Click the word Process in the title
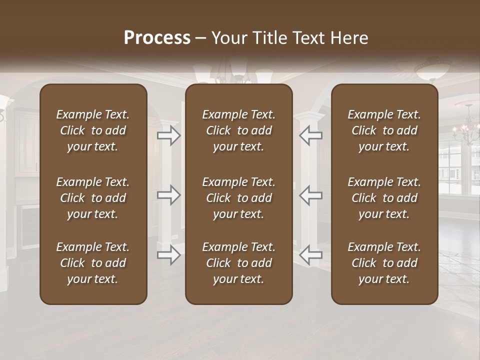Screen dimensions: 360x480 [157, 38]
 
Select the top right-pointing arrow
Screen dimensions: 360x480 [169, 135]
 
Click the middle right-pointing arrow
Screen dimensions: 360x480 [169, 195]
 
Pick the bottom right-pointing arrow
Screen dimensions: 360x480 [169, 255]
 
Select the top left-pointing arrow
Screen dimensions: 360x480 [310, 135]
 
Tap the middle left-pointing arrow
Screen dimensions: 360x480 [310, 195]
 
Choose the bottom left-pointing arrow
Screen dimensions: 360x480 [310, 255]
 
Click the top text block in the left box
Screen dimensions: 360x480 [93, 130]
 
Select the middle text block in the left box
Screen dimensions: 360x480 [93, 198]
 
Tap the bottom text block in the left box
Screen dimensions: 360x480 [93, 263]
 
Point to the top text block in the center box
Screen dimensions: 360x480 [239, 130]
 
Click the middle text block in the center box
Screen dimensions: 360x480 [239, 198]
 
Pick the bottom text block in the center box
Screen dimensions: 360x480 [239, 263]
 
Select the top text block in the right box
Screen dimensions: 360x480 [384, 130]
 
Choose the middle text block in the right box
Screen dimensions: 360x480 [384, 198]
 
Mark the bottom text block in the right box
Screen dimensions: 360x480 [384, 263]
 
